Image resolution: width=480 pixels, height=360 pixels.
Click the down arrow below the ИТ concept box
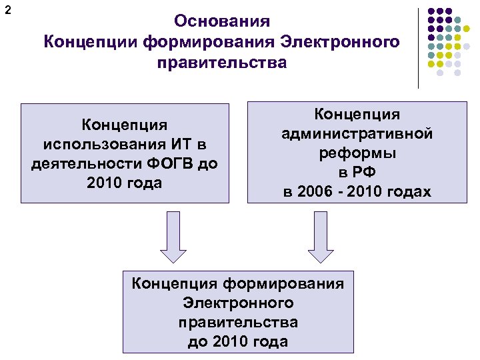(x=172, y=237)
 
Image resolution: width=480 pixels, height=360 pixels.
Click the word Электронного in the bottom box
(x=238, y=303)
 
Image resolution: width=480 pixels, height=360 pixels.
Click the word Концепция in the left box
(x=124, y=125)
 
